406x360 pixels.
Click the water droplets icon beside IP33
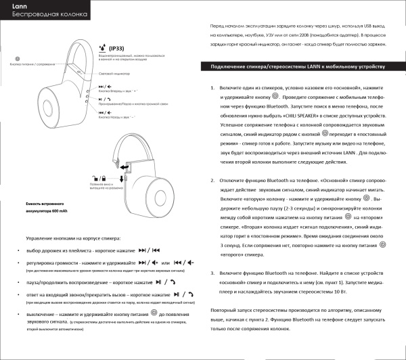click(102, 48)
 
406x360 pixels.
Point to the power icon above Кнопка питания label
click(17, 60)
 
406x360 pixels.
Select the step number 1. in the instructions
click(213, 89)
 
